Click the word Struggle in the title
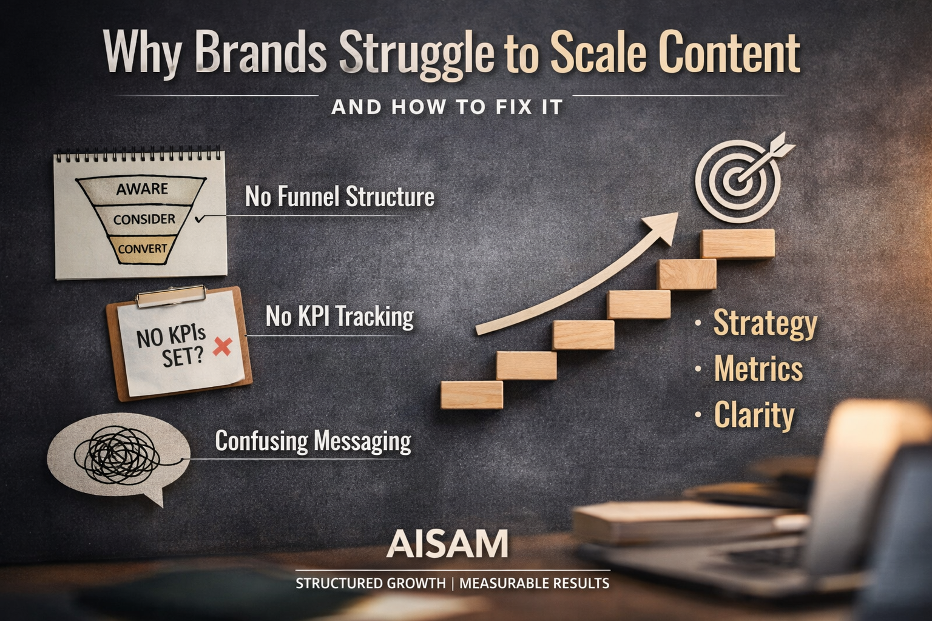click(416, 53)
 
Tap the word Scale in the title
click(597, 52)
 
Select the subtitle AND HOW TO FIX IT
click(447, 107)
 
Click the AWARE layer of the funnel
click(142, 189)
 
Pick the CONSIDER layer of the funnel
click(144, 219)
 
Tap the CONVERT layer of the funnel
click(143, 249)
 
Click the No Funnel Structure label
click(340, 196)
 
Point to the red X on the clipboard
click(223, 347)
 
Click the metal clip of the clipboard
click(171, 296)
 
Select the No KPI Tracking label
click(340, 316)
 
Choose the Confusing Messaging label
click(313, 441)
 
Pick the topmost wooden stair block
click(737, 244)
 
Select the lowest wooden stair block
click(471, 394)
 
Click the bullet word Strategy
click(765, 323)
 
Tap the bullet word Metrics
click(758, 369)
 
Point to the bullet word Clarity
click(754, 415)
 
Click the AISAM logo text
click(447, 544)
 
